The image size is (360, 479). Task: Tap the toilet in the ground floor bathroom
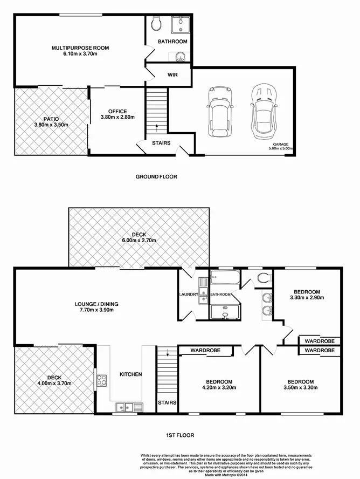[156, 24]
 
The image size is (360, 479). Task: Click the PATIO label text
[51, 119]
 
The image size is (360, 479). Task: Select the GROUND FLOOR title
[156, 176]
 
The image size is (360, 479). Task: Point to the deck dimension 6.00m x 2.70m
[139, 241]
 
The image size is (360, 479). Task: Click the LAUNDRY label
[189, 295]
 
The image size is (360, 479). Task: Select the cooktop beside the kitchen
[101, 380]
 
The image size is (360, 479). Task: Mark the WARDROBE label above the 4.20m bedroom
[204, 350]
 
